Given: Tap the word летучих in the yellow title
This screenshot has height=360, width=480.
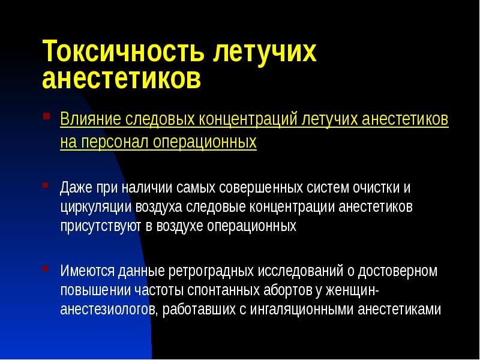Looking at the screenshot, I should click(x=263, y=52).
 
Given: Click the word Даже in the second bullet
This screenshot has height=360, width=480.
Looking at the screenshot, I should click(x=75, y=187).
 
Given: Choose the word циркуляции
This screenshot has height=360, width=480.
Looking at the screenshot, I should click(x=91, y=207).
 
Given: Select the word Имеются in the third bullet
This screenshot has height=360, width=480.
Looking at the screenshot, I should click(x=83, y=271).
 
